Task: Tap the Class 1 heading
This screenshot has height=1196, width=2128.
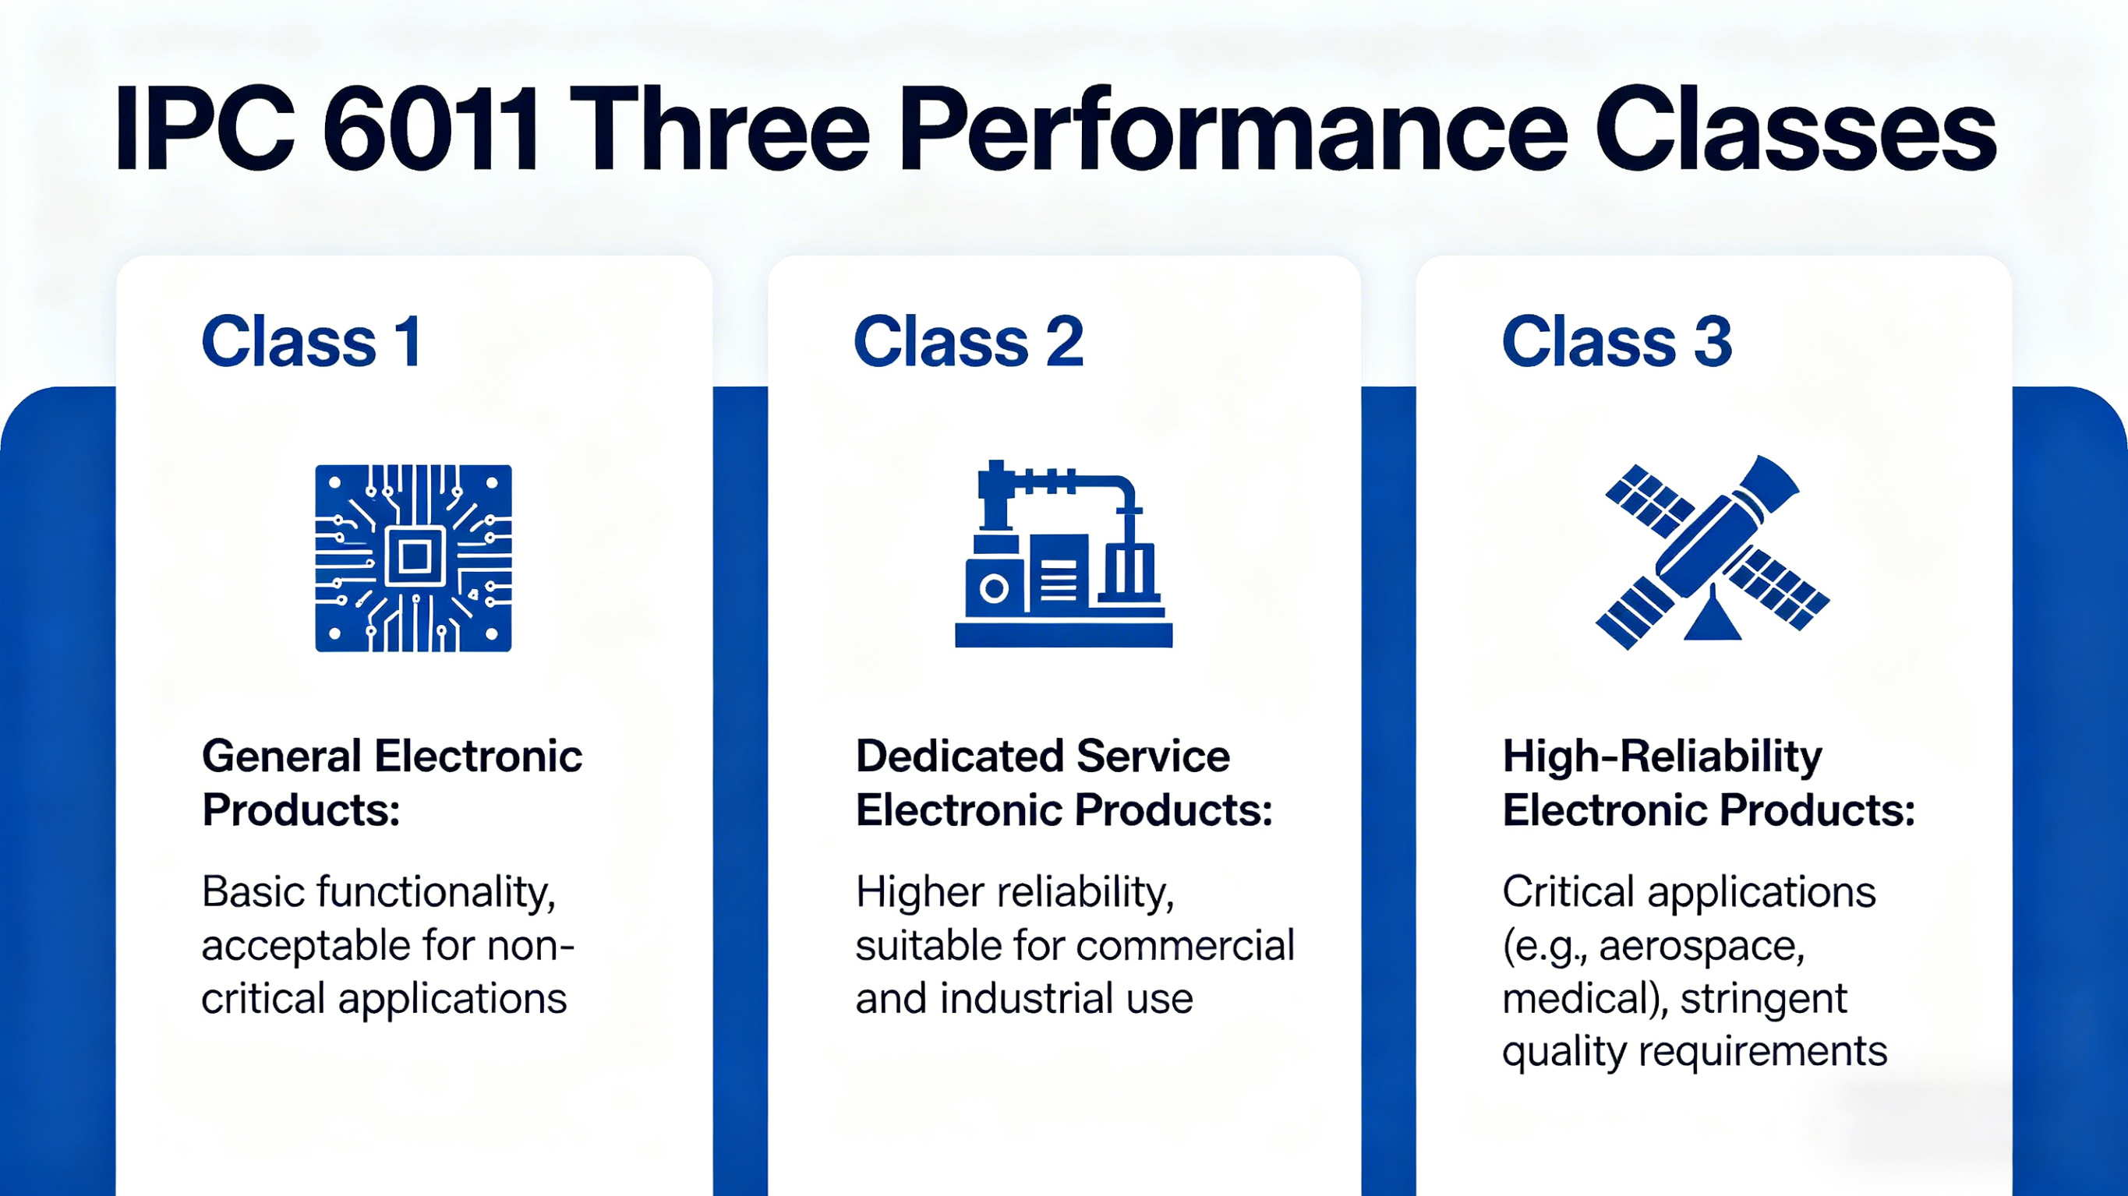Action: pos(312,341)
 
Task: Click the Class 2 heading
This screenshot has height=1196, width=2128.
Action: pos(968,341)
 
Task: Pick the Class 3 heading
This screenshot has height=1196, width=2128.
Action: pos(1617,341)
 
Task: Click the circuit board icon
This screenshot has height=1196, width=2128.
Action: pos(413,559)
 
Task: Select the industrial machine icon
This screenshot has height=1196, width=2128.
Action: pos(1064,553)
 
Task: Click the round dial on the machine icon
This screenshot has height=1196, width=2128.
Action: pos(994,589)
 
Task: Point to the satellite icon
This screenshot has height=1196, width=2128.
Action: pos(1713,552)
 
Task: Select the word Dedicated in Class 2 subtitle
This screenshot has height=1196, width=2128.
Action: pos(959,757)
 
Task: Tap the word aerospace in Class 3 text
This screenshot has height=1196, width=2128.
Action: pos(1702,947)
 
